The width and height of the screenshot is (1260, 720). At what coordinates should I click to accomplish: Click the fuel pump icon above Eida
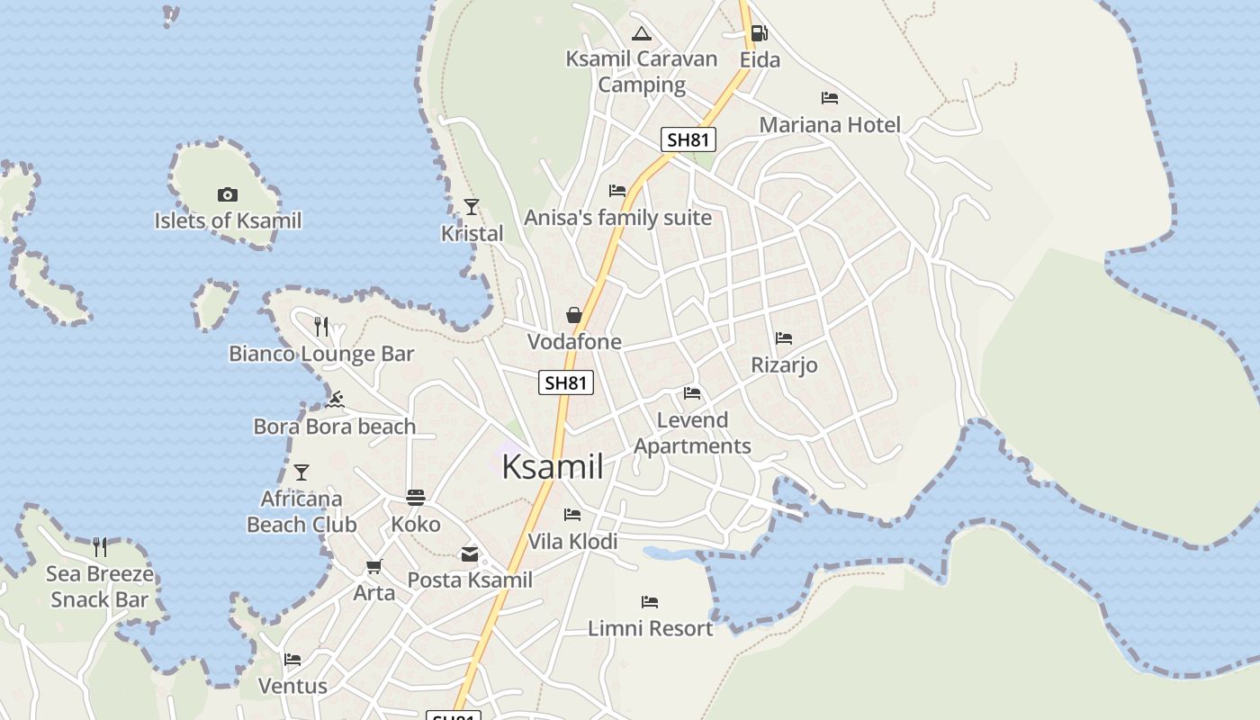759,34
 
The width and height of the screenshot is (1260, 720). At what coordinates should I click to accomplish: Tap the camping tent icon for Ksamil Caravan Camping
641,34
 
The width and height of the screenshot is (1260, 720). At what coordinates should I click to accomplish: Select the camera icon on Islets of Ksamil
228,194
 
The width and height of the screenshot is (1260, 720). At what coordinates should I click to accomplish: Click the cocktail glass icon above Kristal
472,207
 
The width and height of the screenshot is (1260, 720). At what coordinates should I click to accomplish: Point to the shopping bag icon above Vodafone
574,315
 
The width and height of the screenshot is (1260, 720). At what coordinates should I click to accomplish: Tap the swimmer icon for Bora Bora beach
336,400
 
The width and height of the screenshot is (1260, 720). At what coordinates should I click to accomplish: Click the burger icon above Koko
416,497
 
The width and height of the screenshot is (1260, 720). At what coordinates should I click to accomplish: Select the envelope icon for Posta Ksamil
470,553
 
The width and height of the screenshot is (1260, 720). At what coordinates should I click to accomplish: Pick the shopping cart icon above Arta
374,566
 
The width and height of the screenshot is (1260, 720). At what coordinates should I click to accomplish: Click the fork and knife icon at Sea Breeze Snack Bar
100,546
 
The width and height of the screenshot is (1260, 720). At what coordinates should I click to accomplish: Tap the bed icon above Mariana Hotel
830,97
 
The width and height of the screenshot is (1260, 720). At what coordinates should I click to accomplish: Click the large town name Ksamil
552,467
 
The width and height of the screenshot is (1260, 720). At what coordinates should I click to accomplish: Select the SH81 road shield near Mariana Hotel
688,139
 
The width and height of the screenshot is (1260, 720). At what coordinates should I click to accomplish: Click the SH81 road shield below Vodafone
566,382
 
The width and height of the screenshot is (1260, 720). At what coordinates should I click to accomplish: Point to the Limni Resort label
650,628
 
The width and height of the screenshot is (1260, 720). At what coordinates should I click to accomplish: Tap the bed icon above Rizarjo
784,338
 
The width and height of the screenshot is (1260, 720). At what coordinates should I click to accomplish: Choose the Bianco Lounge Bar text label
321,354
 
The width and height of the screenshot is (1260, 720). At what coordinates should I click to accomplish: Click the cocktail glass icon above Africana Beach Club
301,472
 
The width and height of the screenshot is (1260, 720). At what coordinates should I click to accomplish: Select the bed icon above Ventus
292,659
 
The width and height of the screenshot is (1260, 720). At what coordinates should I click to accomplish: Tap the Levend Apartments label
692,433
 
